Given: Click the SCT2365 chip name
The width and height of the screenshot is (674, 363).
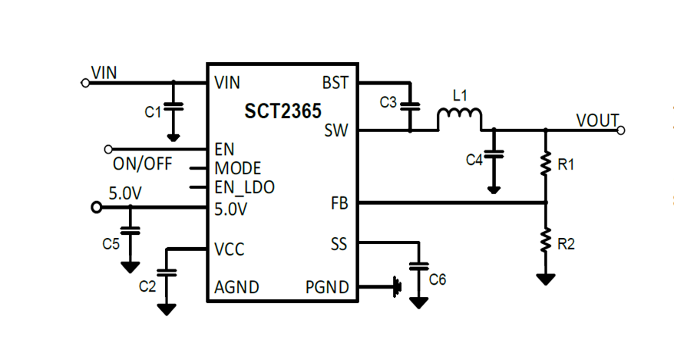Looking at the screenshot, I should [x=283, y=112].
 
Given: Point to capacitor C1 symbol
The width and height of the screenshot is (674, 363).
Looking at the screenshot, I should [x=173, y=108].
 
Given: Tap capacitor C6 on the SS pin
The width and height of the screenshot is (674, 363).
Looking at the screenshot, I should [x=418, y=268].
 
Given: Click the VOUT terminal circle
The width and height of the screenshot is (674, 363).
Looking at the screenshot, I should [x=621, y=130].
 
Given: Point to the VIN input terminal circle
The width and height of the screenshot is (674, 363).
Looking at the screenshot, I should [x=84, y=82].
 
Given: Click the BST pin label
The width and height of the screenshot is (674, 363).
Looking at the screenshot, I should [x=335, y=82].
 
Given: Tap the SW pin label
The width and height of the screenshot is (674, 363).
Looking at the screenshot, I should [x=336, y=130].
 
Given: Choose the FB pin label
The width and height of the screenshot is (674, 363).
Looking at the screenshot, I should [x=339, y=203].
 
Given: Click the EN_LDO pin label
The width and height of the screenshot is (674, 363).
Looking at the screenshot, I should [x=244, y=186].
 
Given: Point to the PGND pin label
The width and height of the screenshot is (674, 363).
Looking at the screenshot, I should [x=327, y=288].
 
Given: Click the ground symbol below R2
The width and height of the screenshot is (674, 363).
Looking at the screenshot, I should [x=546, y=279].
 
